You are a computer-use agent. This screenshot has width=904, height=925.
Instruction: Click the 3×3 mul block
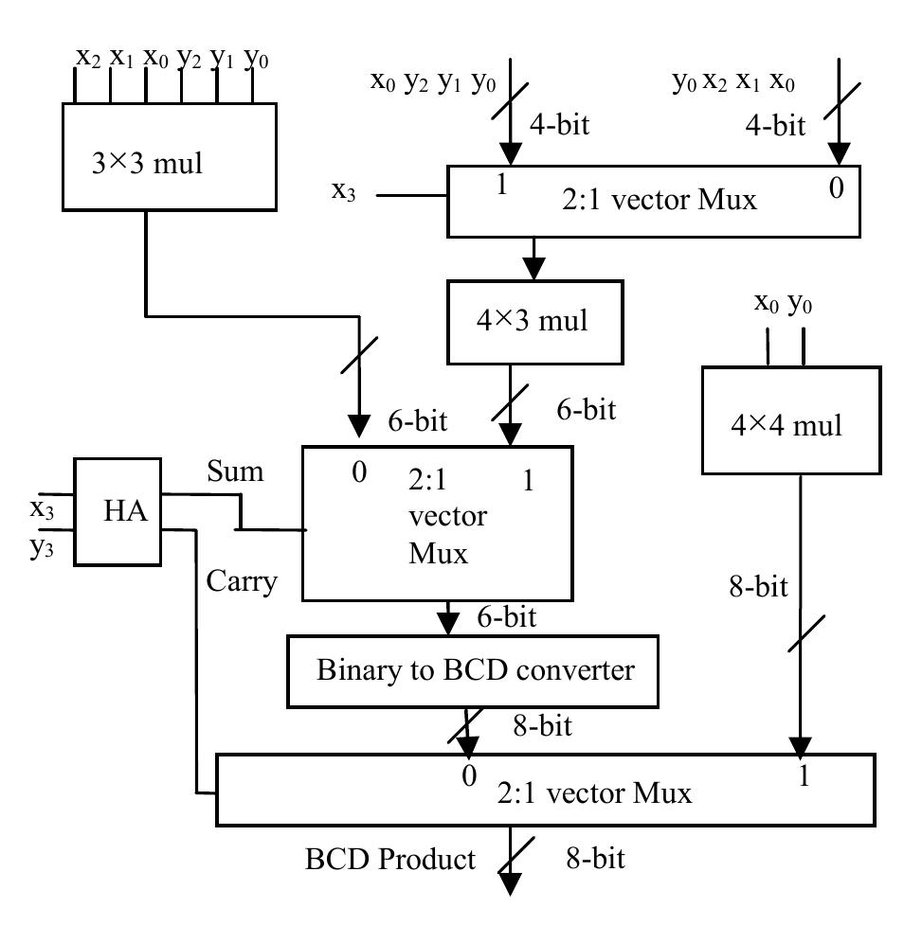click(x=169, y=156)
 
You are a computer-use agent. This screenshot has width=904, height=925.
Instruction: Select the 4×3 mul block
click(x=535, y=322)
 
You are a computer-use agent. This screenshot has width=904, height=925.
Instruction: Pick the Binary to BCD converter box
click(x=475, y=671)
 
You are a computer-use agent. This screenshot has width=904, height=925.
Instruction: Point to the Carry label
click(x=242, y=580)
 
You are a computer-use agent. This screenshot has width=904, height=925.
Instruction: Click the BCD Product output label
click(x=389, y=860)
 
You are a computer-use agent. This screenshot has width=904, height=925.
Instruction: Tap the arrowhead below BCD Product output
click(x=511, y=884)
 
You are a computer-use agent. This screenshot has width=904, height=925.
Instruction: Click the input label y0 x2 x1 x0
click(x=733, y=82)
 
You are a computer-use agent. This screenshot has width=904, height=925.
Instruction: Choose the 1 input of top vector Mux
click(x=500, y=186)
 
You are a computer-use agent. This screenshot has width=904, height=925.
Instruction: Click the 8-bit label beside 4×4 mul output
click(x=757, y=587)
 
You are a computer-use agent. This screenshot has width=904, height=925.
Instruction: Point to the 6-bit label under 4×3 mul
click(x=584, y=410)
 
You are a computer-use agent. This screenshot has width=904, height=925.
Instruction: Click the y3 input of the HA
click(x=40, y=546)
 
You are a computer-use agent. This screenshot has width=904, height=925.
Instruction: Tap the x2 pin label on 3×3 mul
click(x=88, y=57)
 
